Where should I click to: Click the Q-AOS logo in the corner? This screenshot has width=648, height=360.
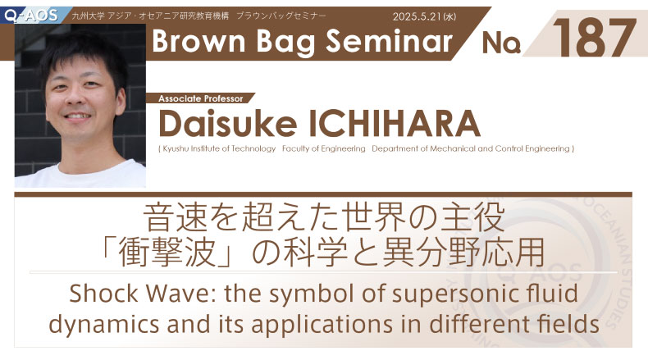click(30, 16)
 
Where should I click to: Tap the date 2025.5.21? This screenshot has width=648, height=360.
click(417, 16)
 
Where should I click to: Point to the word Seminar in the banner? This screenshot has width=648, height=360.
click(389, 42)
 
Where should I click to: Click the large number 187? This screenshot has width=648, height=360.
click(595, 38)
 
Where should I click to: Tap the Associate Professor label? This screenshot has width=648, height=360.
click(200, 98)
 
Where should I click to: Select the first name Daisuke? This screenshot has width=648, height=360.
click(228, 124)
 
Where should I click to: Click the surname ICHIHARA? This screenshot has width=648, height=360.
click(395, 124)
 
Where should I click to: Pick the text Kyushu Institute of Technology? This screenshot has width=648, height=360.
click(219, 148)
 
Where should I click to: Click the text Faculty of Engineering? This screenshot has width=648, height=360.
click(323, 148)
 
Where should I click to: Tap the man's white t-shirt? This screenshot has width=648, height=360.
click(80, 175)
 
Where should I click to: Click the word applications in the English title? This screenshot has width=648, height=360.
click(322, 326)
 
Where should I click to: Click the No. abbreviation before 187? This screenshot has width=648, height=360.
click(501, 43)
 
